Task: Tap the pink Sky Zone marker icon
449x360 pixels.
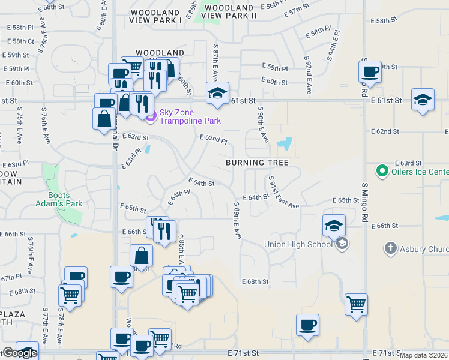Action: point(150,115)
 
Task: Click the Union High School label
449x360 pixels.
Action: point(298,244)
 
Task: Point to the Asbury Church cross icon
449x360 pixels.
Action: point(390,248)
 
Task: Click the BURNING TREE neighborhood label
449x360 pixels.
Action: point(257,163)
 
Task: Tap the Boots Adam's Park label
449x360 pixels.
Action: point(65,199)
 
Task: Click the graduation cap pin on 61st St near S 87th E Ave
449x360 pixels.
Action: point(217,93)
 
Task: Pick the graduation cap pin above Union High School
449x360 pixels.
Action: point(334,226)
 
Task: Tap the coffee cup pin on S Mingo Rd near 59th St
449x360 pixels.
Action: point(370,71)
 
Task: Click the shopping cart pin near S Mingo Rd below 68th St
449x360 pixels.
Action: point(356,304)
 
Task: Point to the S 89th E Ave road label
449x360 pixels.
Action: point(237,220)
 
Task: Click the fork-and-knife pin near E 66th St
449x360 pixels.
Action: point(164,230)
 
